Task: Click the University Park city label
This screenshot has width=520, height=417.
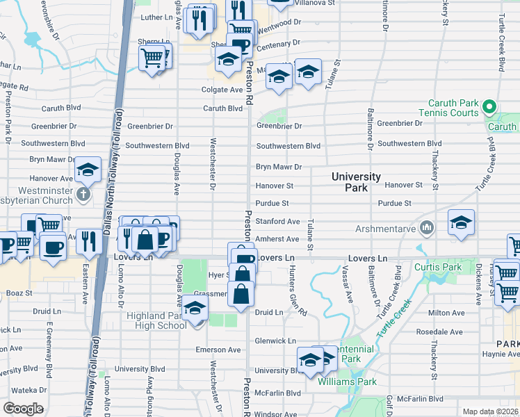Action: pyautogui.click(x=356, y=182)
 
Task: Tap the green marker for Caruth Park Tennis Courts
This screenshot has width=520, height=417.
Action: pyautogui.click(x=489, y=108)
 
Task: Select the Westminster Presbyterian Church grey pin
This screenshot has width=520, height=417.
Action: pyautogui.click(x=83, y=193)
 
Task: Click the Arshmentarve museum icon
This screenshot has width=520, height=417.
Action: pyautogui.click(x=427, y=227)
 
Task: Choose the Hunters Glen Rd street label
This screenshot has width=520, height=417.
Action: pyautogui.click(x=298, y=291)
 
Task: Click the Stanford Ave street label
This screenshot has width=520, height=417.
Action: pyautogui.click(x=278, y=221)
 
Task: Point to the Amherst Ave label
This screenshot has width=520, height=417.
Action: pyautogui.click(x=278, y=238)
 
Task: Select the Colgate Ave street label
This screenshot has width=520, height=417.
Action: pyautogui.click(x=222, y=90)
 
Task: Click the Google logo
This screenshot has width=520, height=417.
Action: pyautogui.click(x=24, y=408)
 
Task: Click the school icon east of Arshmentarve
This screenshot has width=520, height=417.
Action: pyautogui.click(x=462, y=222)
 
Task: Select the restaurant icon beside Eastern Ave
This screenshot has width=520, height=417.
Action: pyautogui.click(x=89, y=242)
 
